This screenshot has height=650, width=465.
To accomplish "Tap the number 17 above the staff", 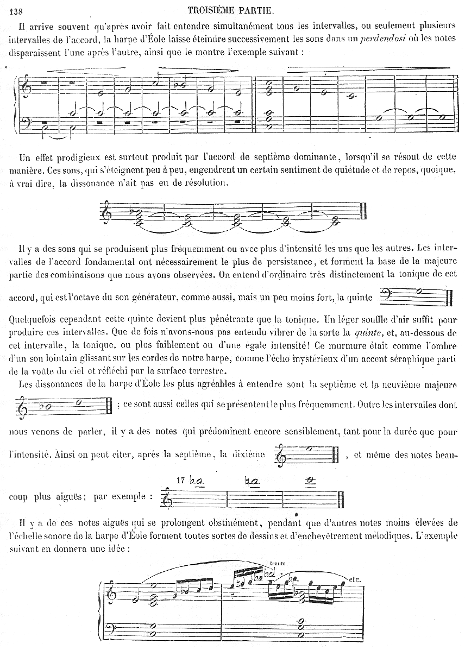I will click(x=181, y=480).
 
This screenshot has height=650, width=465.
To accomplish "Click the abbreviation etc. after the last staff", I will click(x=356, y=579).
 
